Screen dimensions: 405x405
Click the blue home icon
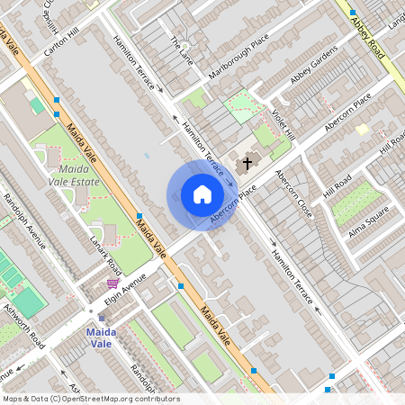click(x=202, y=194)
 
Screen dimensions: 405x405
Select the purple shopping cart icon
click(x=112, y=283)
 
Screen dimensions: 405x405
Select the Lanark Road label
click(x=105, y=254)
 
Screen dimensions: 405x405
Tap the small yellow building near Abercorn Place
click(x=362, y=130)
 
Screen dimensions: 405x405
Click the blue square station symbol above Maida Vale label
click(x=101, y=318)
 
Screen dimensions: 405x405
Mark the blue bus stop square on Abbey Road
click(x=353, y=13)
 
